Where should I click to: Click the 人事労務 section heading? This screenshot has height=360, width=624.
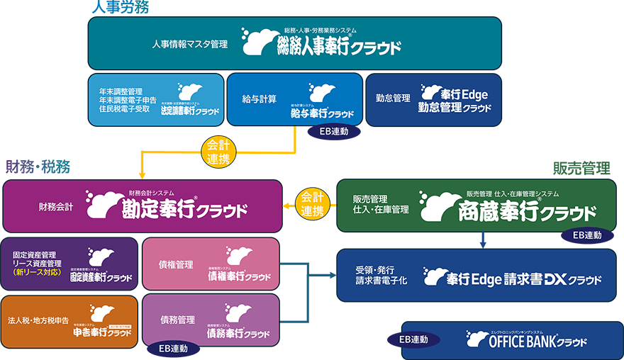tap(119, 8)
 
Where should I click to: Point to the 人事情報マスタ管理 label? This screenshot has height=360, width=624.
tap(189, 44)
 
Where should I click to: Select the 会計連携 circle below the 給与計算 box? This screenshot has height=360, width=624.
tap(220, 152)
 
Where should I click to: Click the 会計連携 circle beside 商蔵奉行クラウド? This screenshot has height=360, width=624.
tap(312, 203)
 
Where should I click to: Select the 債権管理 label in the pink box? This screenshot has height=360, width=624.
tap(176, 264)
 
